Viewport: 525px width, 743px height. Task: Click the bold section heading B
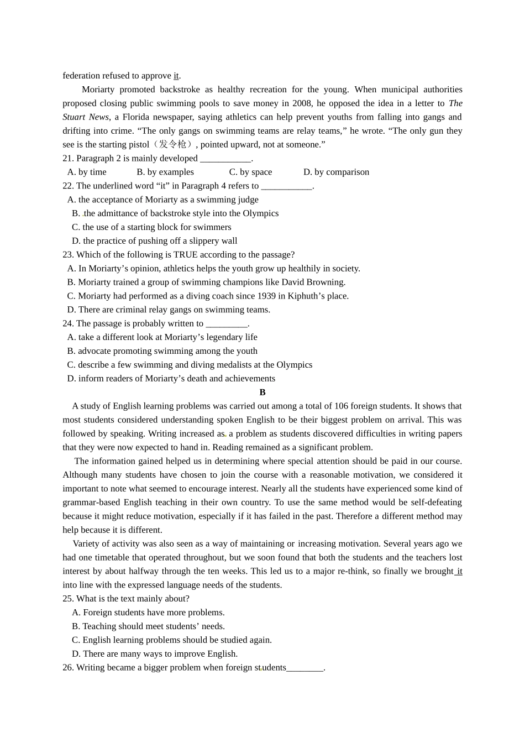pyautogui.click(x=262, y=393)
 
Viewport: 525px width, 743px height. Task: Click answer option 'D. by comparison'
pyautogui.click(x=336, y=172)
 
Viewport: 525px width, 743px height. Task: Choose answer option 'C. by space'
pyautogui.click(x=250, y=172)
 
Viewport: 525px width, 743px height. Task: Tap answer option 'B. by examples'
pyautogui.click(x=165, y=172)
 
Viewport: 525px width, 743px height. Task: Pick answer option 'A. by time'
pyautogui.click(x=87, y=172)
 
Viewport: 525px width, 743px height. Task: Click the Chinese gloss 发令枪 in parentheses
pyautogui.click(x=172, y=144)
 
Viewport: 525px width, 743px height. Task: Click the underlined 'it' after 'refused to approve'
pyautogui.click(x=176, y=76)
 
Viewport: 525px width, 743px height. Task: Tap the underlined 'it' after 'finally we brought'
pyautogui.click(x=459, y=571)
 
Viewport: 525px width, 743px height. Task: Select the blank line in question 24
pyautogui.click(x=226, y=324)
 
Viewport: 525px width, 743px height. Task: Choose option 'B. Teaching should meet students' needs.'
pyautogui.click(x=148, y=626)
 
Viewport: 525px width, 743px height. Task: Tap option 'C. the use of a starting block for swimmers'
pyautogui.click(x=151, y=227)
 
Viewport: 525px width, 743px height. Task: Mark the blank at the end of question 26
pyautogui.click(x=305, y=668)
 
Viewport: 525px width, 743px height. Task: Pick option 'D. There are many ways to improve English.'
pyautogui.click(x=155, y=654)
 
